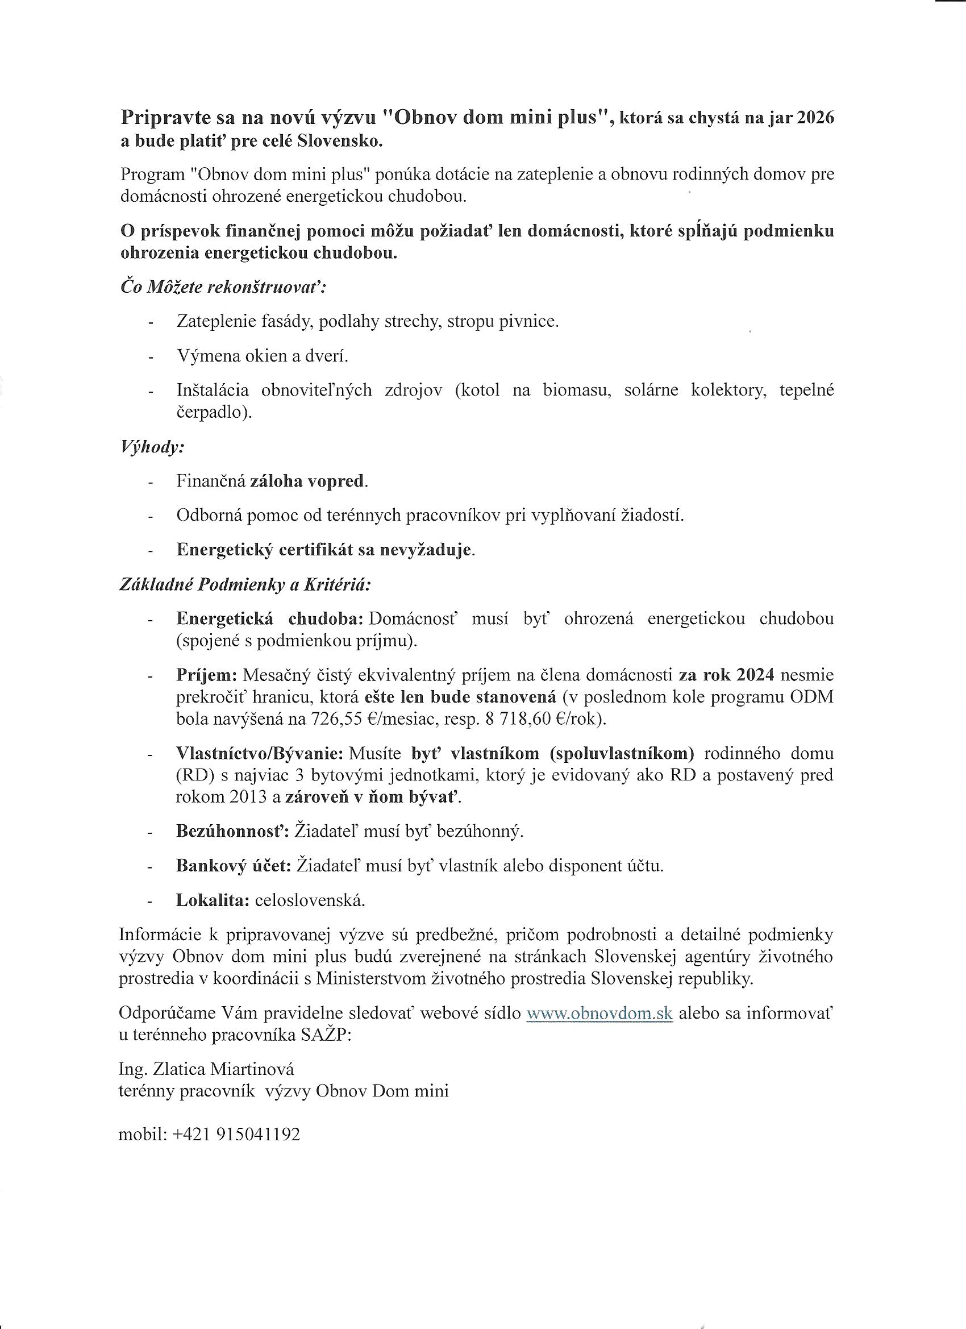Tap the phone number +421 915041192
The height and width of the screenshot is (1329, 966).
[x=236, y=1135]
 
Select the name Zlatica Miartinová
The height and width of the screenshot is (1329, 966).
[x=223, y=1069]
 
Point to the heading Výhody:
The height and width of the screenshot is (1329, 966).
[x=152, y=447]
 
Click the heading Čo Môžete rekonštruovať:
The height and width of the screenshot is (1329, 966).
[x=223, y=287]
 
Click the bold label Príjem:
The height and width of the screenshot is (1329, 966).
[x=206, y=675]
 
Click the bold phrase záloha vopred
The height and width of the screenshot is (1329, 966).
[x=307, y=481]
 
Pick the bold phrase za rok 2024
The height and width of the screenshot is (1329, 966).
[x=726, y=675]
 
